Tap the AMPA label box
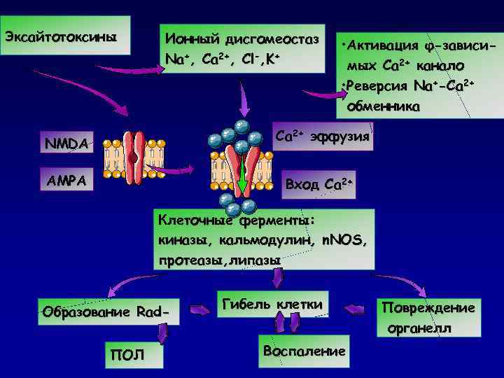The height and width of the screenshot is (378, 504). coord(65,180)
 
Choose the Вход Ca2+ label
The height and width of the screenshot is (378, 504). coord(318,184)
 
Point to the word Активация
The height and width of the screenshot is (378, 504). coord(381,46)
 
